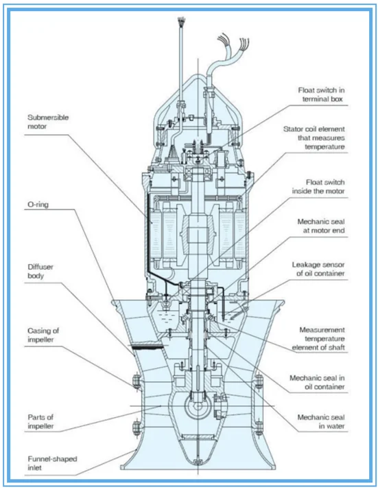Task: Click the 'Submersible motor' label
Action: coord(48,122)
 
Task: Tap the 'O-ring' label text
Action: coord(38,204)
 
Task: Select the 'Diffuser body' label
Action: coord(40,271)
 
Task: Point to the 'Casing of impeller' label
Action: coord(43,335)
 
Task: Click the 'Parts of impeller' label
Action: coord(40,421)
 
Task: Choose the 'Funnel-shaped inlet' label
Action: coord(52,463)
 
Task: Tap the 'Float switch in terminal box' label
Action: coord(322,94)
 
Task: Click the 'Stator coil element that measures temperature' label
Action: coord(314,137)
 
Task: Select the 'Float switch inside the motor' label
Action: coord(318,186)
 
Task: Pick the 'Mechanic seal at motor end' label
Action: coord(321,226)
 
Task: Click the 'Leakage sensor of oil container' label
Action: coord(318,269)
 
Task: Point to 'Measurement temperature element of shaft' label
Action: coord(318,339)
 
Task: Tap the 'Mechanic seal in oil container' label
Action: coord(317,382)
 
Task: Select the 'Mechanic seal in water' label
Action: coord(321,421)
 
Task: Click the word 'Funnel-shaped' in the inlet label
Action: coord(52,459)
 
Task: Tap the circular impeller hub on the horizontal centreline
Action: coord(198,406)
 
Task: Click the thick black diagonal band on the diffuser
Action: coord(147,347)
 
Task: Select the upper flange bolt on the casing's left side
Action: coord(136,381)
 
